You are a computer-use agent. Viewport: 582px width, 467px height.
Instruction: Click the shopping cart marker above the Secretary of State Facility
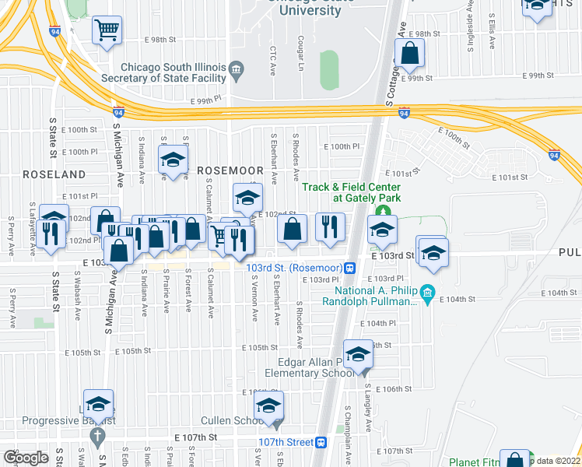(107, 30)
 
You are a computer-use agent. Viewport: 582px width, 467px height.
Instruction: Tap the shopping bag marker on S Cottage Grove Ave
(409, 54)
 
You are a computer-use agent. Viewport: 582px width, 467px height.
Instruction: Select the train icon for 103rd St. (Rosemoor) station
(351, 269)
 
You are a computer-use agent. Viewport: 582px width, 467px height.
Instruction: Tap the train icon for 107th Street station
(320, 442)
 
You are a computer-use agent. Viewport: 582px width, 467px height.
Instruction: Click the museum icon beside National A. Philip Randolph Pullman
(426, 293)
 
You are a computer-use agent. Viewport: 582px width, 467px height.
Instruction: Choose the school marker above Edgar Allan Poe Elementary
(357, 354)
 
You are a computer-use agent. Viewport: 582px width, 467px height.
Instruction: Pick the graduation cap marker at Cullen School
(269, 406)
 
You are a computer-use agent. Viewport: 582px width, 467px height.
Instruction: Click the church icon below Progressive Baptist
(99, 437)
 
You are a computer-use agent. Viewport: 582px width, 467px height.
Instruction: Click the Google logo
(26, 458)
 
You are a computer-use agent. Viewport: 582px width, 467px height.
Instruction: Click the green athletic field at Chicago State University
(329, 69)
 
